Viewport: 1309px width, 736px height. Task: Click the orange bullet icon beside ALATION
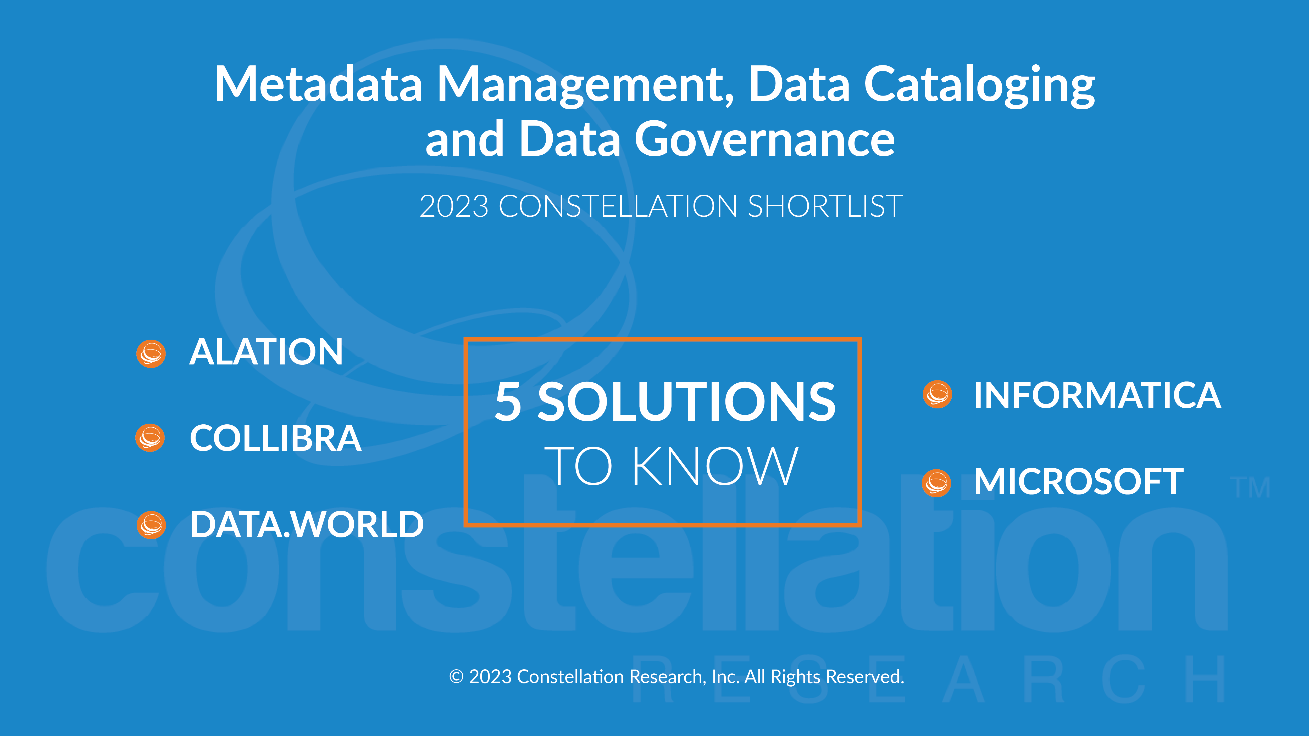coord(151,353)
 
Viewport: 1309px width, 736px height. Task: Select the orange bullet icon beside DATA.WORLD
coord(151,525)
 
